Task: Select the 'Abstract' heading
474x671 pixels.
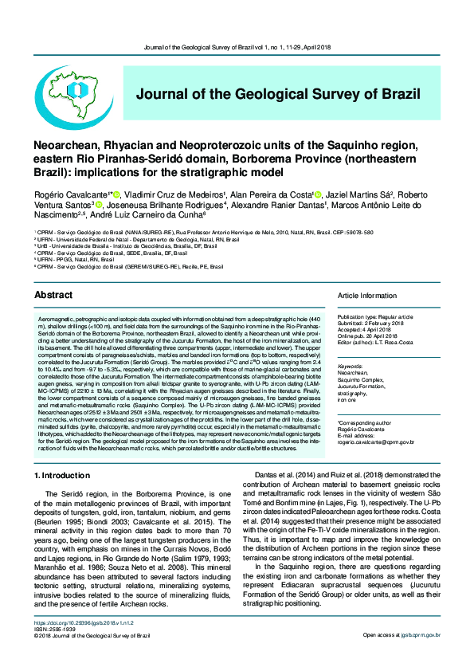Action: click(53, 295)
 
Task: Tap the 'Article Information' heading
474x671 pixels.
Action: click(366, 296)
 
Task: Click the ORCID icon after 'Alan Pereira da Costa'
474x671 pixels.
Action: click(318, 194)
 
